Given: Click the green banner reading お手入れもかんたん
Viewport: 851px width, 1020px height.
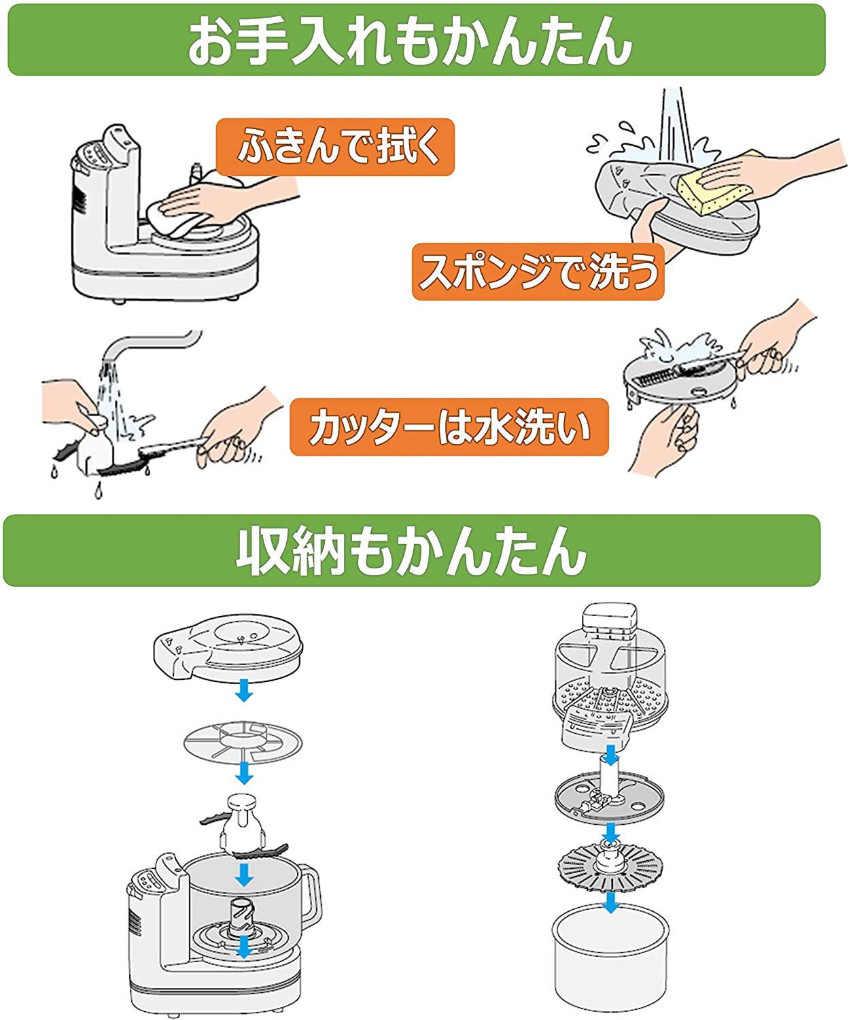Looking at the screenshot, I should click(416, 40).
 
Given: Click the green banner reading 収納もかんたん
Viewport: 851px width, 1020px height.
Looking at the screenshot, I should click(411, 550).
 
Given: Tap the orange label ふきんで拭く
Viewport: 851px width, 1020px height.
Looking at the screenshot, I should click(334, 148).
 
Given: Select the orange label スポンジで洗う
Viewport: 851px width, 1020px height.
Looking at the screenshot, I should click(538, 271).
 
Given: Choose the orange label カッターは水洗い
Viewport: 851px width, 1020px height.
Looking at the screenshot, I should click(449, 427).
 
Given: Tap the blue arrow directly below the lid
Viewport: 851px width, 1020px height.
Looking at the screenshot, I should click(243, 692).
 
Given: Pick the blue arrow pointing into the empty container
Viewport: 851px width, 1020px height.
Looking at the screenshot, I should click(611, 902).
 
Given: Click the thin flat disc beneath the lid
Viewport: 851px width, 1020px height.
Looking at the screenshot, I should click(243, 741).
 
